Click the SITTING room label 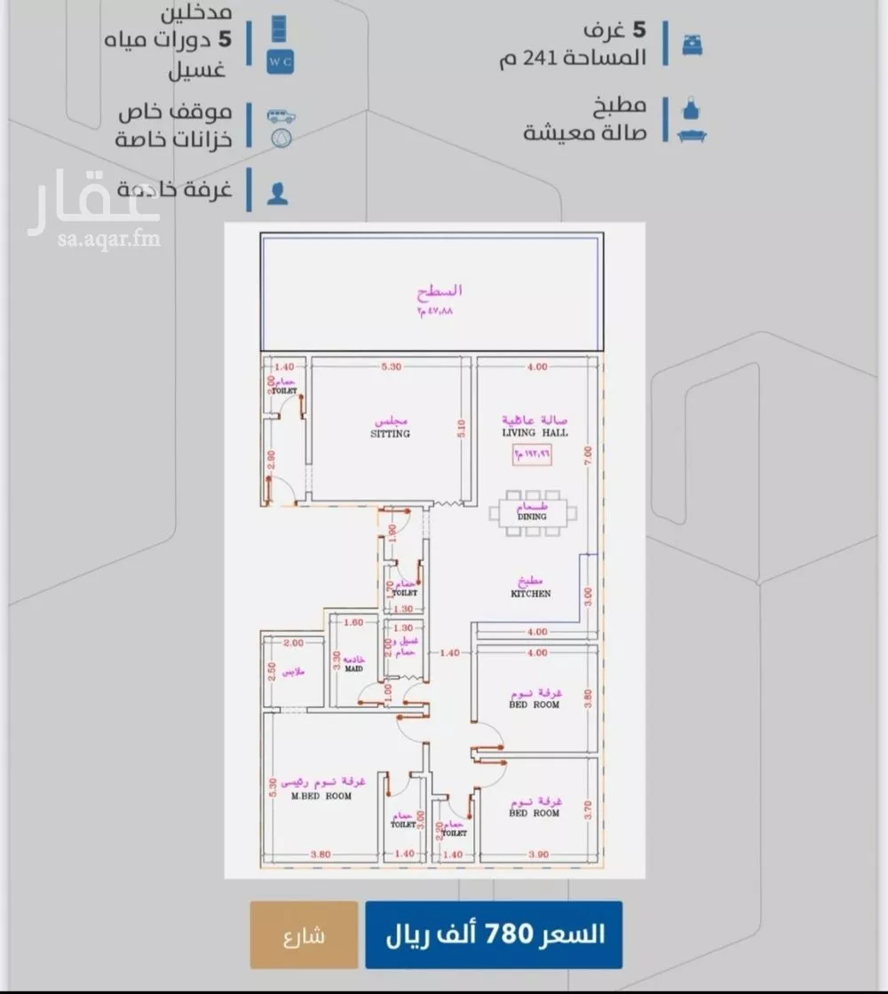(x=390, y=434)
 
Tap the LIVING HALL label (x=535, y=432)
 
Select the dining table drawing (x=533, y=513)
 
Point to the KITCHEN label (x=530, y=593)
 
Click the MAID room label (x=353, y=668)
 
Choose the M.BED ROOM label (x=321, y=796)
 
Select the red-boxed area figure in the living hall (x=531, y=454)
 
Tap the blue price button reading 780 (x=494, y=935)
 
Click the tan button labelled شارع (x=304, y=935)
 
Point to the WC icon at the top (x=280, y=61)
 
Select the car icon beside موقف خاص (x=281, y=116)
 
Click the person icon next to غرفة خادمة (x=278, y=194)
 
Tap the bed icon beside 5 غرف (x=692, y=45)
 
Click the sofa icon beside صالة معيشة (x=692, y=136)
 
